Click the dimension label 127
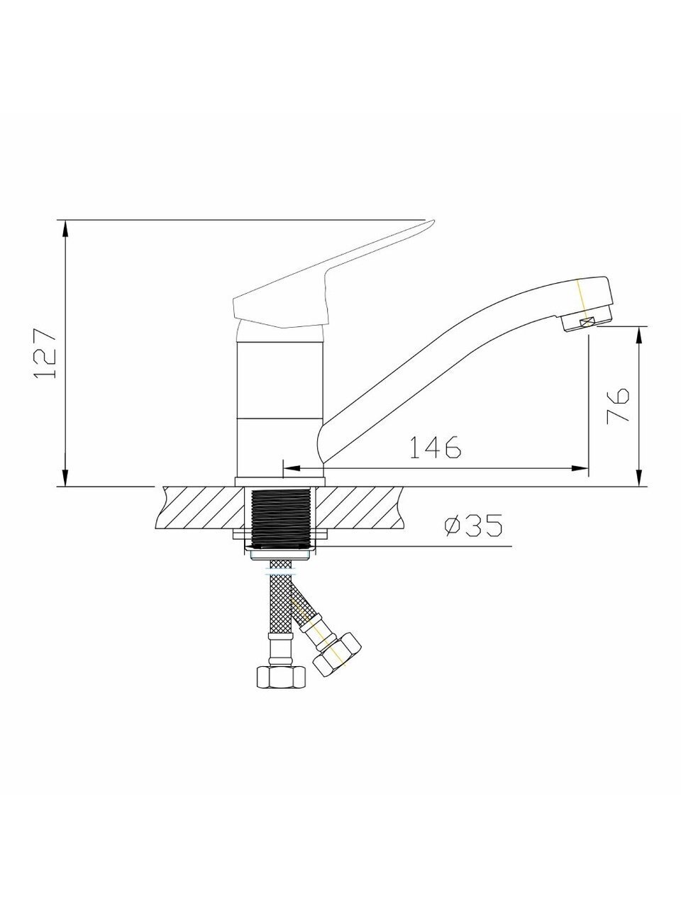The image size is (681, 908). [45, 353]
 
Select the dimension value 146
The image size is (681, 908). [435, 447]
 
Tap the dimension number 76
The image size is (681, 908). [617, 406]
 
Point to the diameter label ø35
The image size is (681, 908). [473, 525]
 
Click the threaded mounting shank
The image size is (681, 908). [281, 519]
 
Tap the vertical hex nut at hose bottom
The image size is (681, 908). [281, 677]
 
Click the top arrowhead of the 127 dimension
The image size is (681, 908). [65, 228]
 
